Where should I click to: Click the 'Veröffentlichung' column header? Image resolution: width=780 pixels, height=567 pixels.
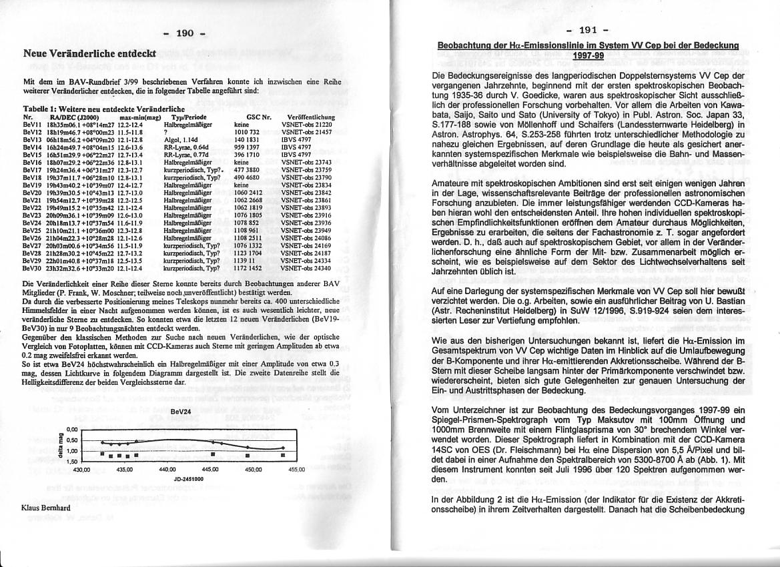coord(310,117)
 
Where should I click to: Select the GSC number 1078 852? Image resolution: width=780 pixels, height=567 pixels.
coord(246,222)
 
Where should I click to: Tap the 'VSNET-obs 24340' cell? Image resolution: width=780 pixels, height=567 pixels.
coord(306,268)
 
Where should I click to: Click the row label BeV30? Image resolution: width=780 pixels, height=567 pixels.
coord(32,268)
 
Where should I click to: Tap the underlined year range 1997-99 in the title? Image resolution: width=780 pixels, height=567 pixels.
coord(587,55)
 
